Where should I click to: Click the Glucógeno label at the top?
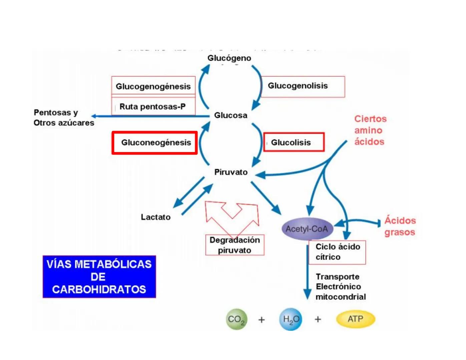coord(229,58)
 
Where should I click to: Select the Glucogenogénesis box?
coord(153,86)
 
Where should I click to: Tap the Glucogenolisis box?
coord(302,86)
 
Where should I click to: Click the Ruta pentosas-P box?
coord(153,106)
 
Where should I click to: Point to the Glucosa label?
coord(230,115)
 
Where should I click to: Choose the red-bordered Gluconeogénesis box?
coord(155,143)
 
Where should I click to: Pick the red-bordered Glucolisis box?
coord(294,142)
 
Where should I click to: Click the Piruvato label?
coord(231,172)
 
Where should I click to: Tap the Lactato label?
coord(155,217)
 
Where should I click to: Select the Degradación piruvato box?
coord(235,245)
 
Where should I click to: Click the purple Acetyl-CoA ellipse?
coord(307,229)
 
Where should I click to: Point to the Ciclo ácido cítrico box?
coord(337,252)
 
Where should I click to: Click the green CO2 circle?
coord(237,319)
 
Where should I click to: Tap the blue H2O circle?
coord(291,319)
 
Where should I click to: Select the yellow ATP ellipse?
coord(356,319)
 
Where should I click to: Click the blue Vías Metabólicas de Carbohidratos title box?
coord(99,277)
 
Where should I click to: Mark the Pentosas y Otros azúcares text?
coord(64,118)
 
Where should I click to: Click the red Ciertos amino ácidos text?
coord(370,130)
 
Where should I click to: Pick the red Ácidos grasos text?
coord(400,226)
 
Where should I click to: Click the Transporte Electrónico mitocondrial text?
coord(340,287)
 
